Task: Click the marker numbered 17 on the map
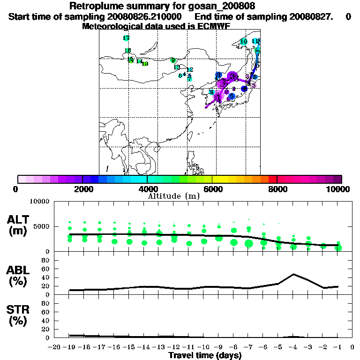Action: coord(126,38)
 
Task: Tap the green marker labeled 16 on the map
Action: coord(127,51)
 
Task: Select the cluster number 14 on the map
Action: coord(139,61)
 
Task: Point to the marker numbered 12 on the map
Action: coord(190,69)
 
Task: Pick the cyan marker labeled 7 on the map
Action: coord(189,79)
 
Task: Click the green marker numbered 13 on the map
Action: coord(177,67)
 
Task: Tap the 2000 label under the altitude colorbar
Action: coord(82,189)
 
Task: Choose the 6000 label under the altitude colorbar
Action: coord(212,189)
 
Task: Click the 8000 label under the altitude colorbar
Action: coord(277,189)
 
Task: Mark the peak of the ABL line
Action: coord(294,274)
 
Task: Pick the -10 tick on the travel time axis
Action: coord(204,347)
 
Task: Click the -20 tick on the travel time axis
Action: coord(55,347)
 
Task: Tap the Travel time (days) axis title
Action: coord(205,355)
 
